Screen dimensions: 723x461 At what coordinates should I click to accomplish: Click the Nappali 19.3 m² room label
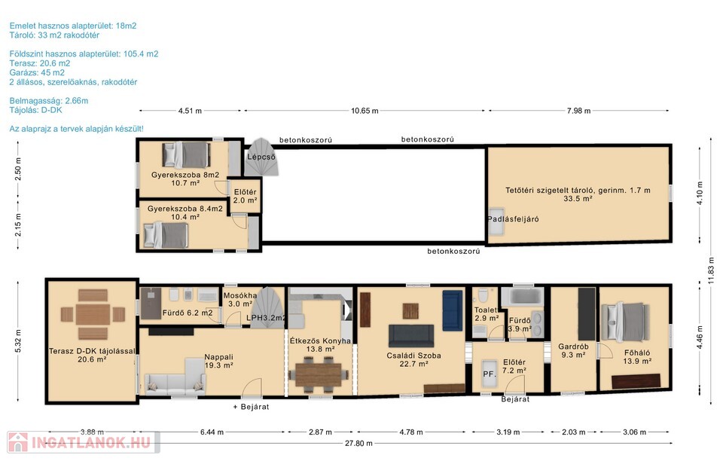point(218,361)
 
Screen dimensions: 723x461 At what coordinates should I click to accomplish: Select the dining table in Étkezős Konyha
point(318,375)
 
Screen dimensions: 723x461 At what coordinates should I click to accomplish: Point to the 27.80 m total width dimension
point(358,444)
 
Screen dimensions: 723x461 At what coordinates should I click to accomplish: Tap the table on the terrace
point(93,314)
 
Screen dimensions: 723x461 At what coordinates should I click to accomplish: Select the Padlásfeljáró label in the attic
point(513,219)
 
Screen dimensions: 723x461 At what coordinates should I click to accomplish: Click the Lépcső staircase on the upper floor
point(261,157)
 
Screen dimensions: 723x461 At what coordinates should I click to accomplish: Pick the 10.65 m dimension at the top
point(365,111)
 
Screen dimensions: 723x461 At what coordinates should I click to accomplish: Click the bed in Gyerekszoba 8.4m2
point(166,235)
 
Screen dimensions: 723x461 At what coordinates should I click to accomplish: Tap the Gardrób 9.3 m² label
point(573,350)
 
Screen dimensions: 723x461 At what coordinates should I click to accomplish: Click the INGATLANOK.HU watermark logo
point(84,443)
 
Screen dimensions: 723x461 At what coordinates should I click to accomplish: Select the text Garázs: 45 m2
point(37,72)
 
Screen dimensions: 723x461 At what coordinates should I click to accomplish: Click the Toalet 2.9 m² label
point(487,314)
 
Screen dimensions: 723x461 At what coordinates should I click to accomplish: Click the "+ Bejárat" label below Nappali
point(251,407)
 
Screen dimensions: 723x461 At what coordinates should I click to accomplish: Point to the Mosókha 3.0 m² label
point(240,300)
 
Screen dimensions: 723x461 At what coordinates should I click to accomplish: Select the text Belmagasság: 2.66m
point(49,100)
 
